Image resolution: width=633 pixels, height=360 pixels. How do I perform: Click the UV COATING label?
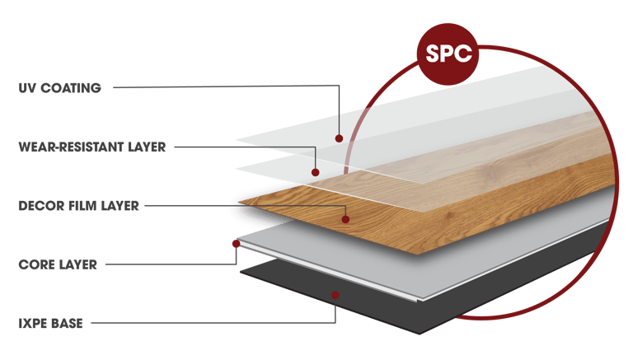59,88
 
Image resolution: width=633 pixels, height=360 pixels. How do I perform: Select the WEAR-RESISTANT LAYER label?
91,148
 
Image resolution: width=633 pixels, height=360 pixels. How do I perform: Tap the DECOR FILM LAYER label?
78,205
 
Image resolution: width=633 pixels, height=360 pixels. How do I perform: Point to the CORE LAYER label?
58,264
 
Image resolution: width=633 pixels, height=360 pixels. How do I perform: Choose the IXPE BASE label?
50,323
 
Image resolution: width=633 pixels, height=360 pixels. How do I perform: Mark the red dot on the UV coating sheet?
339,138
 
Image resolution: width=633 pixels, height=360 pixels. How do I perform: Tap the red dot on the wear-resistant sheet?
316,173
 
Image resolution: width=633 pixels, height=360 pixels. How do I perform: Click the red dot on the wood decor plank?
345,219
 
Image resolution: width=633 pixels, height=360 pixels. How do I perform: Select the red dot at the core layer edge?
237,244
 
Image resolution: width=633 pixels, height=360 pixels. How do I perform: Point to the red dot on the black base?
334,294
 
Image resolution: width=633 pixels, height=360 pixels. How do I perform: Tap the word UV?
26,88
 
